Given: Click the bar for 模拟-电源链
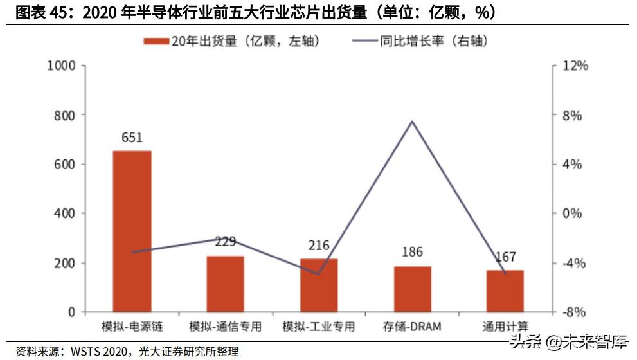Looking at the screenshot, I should (x=132, y=231).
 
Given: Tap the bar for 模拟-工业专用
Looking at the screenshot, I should (x=319, y=285).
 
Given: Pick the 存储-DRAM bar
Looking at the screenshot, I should (x=412, y=289).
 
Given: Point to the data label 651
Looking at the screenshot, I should (x=132, y=138).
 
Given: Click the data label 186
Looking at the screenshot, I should (x=412, y=252).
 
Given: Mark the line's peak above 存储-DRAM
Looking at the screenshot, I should (x=412, y=121).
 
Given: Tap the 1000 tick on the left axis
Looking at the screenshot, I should (x=62, y=66).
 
